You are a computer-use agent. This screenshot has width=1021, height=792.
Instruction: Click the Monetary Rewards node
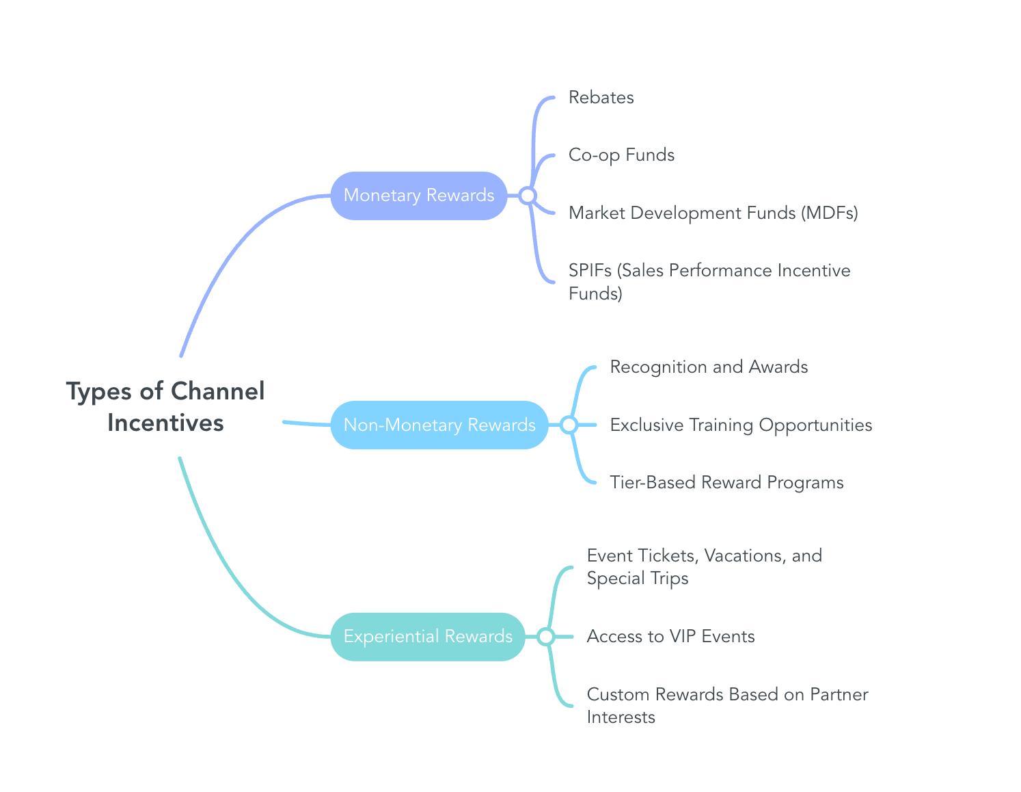point(418,196)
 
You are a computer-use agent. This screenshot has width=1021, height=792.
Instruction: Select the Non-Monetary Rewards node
point(439,425)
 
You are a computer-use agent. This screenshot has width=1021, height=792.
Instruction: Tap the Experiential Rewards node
point(427,637)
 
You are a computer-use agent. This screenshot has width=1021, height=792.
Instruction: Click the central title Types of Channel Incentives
point(165,407)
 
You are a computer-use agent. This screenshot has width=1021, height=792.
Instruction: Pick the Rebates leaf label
point(601,98)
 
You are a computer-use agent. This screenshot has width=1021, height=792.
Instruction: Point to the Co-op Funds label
point(621,155)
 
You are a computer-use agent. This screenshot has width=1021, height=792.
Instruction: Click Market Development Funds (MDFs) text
point(713,213)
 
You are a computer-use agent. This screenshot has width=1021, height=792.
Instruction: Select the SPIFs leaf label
point(709,282)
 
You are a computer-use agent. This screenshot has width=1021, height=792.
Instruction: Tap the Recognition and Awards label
point(709,367)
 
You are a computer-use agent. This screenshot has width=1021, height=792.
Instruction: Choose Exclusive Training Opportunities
point(741,425)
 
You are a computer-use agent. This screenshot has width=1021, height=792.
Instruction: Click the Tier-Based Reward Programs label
point(726,483)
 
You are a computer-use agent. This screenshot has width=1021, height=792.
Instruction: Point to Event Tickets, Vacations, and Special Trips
point(704,567)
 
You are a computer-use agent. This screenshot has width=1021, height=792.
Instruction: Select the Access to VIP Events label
point(670,637)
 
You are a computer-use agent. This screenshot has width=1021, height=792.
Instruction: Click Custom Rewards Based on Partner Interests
point(727,705)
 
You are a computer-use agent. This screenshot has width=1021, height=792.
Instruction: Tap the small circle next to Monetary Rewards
point(527,196)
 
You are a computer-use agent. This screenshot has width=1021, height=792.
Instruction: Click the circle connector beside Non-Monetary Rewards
point(569,425)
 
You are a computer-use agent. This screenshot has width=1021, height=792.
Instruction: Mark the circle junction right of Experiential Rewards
point(545,637)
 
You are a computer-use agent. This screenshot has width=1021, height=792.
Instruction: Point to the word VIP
point(683,637)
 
